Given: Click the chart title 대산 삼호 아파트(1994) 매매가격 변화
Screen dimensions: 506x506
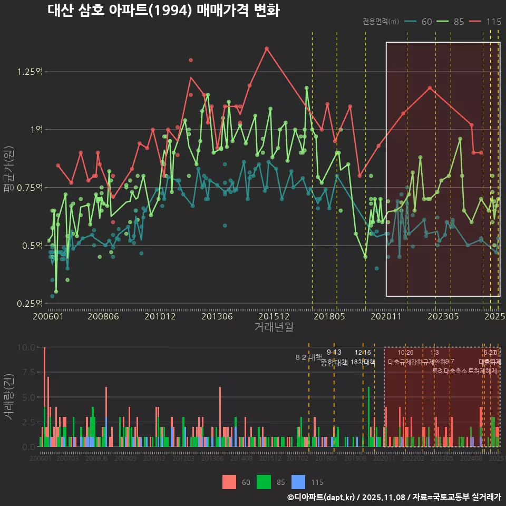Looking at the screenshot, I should pos(163,11).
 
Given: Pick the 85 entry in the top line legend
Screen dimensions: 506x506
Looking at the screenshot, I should pos(453,22).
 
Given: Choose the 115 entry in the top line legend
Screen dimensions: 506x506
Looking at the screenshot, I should pos(486,22).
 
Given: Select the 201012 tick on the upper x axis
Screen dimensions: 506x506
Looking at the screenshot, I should pos(160,317).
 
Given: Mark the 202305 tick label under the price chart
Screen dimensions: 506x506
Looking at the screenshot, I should pos(443,317).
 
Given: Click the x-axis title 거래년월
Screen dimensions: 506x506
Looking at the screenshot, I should pos(274,327).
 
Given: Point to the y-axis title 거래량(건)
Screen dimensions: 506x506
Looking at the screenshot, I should pos(9,397).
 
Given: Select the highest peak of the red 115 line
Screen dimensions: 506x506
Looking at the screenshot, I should pos(267,48).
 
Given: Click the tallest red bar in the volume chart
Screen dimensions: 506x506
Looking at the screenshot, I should pos(44,396).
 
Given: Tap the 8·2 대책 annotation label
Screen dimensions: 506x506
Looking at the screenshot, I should pos(308,357).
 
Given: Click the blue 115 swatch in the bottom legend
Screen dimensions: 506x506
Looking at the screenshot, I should pos(298,482).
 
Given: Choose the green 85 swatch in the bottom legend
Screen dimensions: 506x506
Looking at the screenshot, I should pos(264,482).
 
